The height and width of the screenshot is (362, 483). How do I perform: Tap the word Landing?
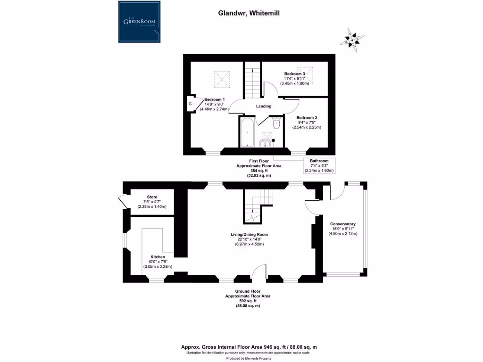coord(263,107)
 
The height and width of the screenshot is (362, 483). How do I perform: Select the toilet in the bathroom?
coord(276,123)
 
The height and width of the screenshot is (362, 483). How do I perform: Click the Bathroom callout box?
coord(319,165)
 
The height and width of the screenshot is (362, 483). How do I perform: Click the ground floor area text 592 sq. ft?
coord(247,301)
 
